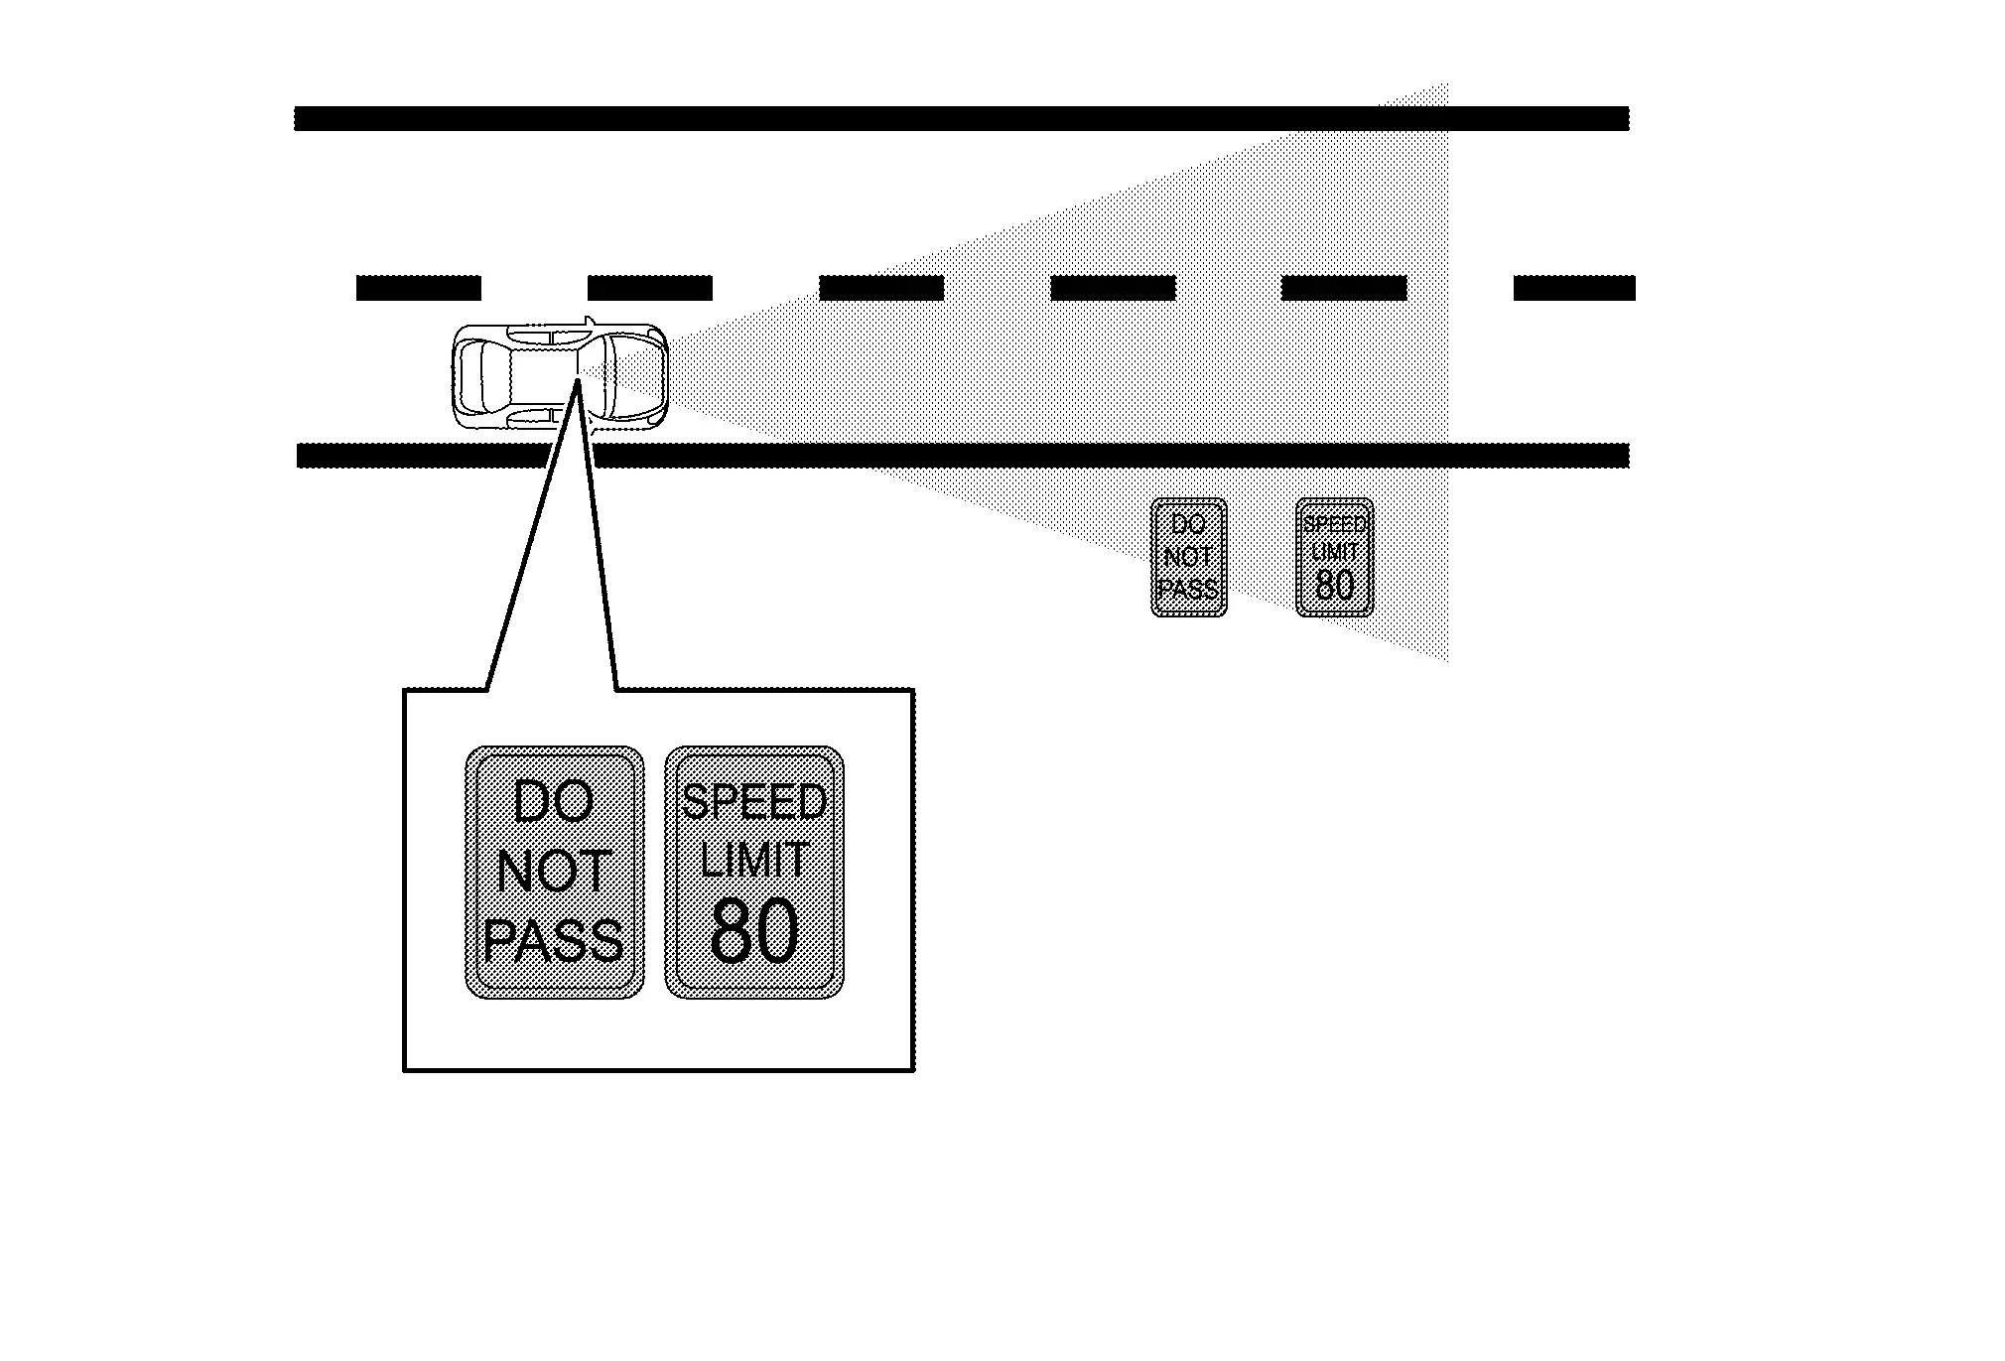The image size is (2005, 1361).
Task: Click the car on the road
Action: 560,375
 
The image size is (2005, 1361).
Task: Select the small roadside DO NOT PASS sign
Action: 1188,557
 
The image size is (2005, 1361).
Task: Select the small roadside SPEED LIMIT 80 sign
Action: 1335,557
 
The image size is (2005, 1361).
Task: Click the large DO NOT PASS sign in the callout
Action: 555,872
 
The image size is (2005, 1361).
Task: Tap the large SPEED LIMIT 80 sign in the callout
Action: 754,872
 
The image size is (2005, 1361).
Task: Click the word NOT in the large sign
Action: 554,872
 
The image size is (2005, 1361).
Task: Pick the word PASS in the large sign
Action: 554,939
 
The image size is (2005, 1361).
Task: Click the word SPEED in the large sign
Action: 754,802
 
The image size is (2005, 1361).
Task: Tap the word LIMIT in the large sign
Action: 754,859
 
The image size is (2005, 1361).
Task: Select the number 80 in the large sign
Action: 754,931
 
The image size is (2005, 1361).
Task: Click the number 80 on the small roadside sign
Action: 1335,586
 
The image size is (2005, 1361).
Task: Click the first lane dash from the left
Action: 419,288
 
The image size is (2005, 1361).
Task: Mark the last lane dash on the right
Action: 1574,288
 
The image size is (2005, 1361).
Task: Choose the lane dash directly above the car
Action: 650,288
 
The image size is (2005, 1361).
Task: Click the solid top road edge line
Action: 962,118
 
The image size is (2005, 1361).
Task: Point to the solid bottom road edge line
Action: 963,456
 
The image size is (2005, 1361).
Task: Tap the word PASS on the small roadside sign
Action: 1188,589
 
